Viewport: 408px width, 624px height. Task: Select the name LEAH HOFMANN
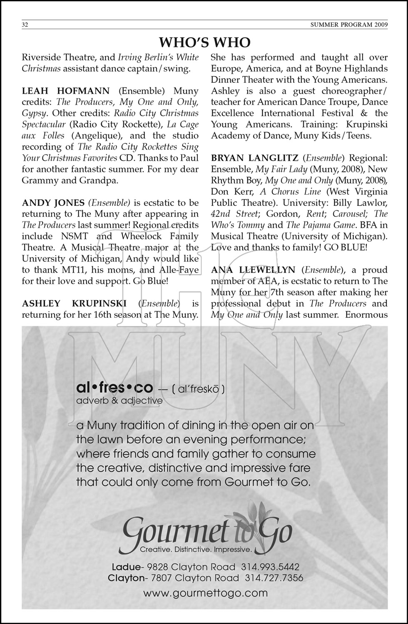coord(66,91)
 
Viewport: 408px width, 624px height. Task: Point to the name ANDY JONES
coord(53,203)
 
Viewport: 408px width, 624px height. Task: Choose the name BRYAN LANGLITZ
coord(254,158)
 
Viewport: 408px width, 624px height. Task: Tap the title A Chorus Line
coord(296,192)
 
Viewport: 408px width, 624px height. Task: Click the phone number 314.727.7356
coord(274,578)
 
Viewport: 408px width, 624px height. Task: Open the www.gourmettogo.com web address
coord(205,593)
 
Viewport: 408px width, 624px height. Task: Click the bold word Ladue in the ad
coord(126,567)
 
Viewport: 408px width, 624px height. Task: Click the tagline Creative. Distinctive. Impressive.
coord(196,550)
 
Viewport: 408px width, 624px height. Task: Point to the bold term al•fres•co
coord(115,388)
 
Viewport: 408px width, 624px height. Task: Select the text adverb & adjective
coord(119,401)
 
